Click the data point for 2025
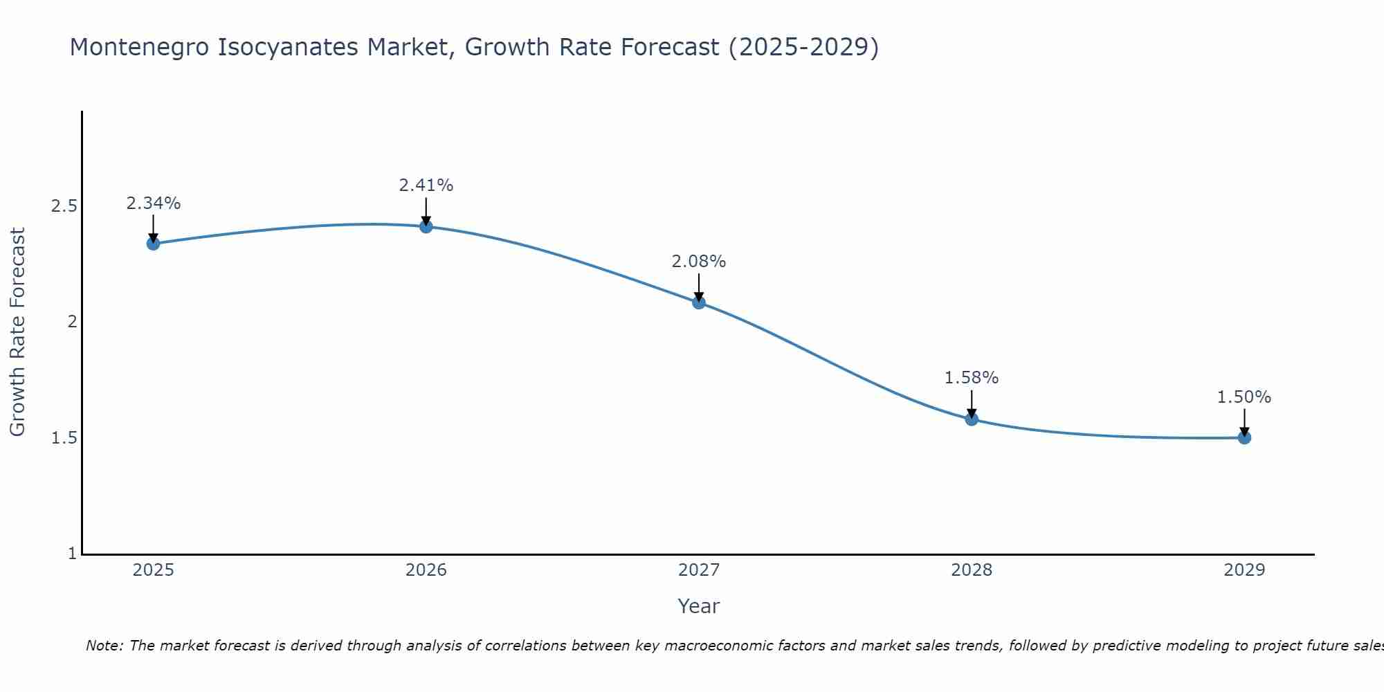tap(154, 244)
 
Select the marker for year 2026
tap(426, 226)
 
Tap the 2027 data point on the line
tap(699, 302)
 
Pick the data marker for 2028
tap(972, 419)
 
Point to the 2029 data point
tap(1244, 437)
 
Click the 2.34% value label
tap(154, 203)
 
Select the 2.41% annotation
tap(426, 185)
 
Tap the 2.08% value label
tap(699, 262)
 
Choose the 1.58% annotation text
tap(972, 378)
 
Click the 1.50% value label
tap(1244, 397)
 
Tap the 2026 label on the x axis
tap(426, 570)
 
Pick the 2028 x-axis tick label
tap(972, 570)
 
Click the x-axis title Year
tap(699, 606)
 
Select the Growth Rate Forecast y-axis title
tap(17, 332)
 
